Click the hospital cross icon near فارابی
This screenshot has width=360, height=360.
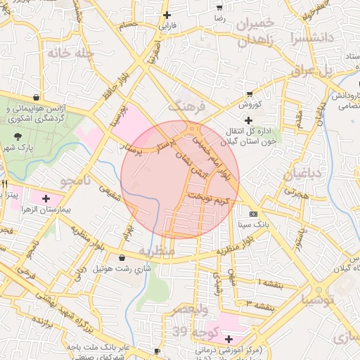click(x=167, y=15)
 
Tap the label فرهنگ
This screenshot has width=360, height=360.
click(x=186, y=107)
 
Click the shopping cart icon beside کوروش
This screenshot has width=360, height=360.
click(x=250, y=94)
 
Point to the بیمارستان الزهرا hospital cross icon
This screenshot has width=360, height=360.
click(x=46, y=200)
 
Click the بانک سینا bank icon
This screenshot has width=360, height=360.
click(x=253, y=214)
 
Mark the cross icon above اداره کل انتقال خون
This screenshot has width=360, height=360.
click(x=248, y=121)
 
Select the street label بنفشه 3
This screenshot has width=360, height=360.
click(x=259, y=302)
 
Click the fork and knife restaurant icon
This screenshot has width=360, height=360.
click(x=4, y=184)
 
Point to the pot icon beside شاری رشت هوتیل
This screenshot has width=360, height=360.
click(x=124, y=257)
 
